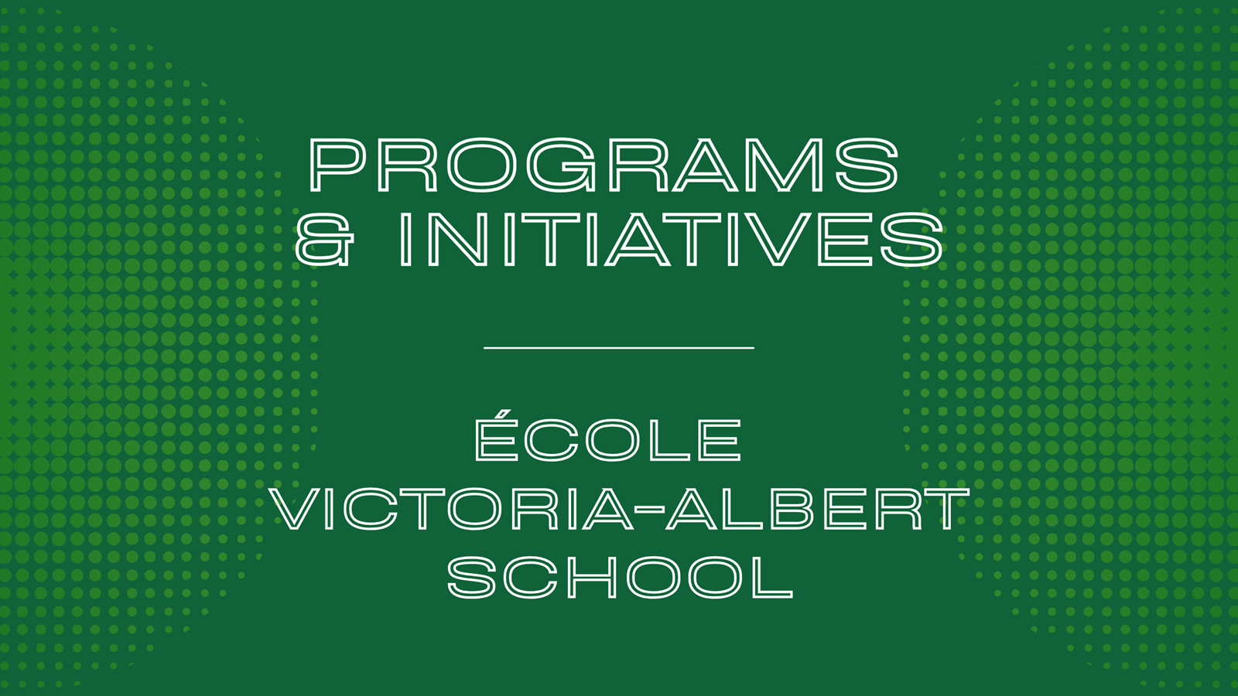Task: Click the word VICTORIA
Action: [453, 509]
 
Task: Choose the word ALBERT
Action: [818, 509]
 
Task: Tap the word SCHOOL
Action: [620, 577]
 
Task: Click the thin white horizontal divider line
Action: [619, 348]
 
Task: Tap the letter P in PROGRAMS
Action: [337, 165]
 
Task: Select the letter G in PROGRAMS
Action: [561, 165]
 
